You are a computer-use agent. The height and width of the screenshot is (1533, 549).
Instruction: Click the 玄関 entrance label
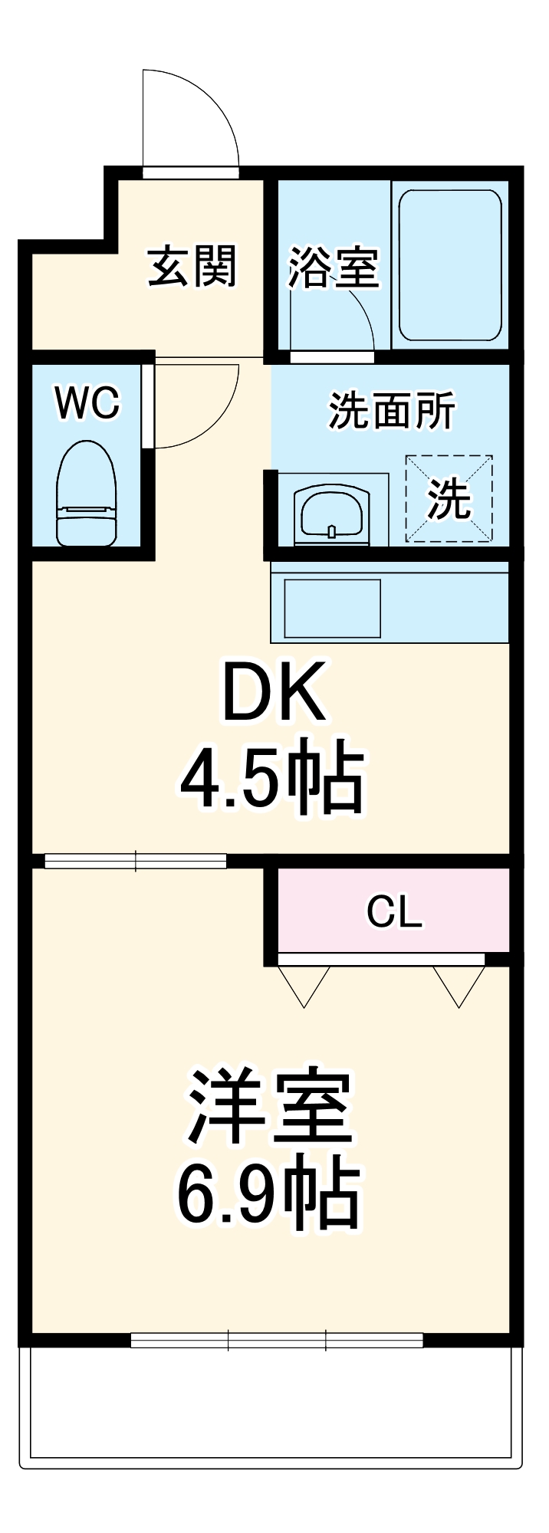[192, 266]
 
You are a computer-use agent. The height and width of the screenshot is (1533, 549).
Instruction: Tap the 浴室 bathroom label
[333, 268]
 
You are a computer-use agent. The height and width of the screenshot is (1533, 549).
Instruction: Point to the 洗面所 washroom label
[392, 411]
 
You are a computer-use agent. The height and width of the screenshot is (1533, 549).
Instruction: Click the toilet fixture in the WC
[87, 494]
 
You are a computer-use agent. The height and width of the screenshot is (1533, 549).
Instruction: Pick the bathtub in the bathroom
[450, 264]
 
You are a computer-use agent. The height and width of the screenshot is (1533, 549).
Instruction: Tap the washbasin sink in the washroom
[332, 512]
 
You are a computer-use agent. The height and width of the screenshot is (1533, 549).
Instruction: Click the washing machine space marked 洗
[449, 499]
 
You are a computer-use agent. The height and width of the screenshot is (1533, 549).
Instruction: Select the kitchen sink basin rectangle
[333, 608]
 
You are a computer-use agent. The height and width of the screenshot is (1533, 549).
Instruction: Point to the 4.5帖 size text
[271, 777]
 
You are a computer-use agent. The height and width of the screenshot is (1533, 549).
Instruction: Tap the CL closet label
[394, 911]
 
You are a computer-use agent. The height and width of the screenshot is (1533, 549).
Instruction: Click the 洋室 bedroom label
[270, 1107]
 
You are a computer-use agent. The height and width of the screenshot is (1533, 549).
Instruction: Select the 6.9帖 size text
[268, 1195]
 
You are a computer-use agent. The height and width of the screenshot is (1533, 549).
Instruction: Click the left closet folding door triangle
[304, 984]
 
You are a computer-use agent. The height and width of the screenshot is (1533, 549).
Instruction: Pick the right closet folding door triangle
[459, 984]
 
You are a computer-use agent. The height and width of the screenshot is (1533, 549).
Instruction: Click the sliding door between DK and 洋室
[136, 861]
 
